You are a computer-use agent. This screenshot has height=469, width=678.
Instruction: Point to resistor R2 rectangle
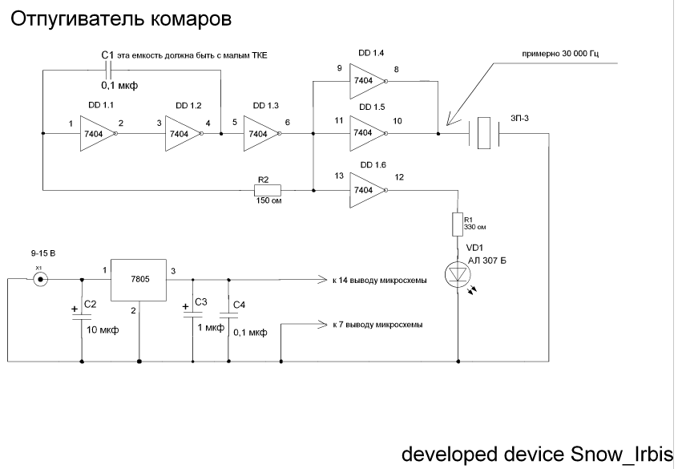(x=267, y=190)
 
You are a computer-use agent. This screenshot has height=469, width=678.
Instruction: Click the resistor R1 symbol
(x=458, y=224)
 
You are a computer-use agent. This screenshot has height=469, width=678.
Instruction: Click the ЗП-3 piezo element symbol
(x=482, y=133)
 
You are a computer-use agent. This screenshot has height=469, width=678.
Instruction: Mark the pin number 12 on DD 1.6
(x=400, y=177)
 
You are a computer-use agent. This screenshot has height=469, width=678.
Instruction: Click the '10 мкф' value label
(x=103, y=330)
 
